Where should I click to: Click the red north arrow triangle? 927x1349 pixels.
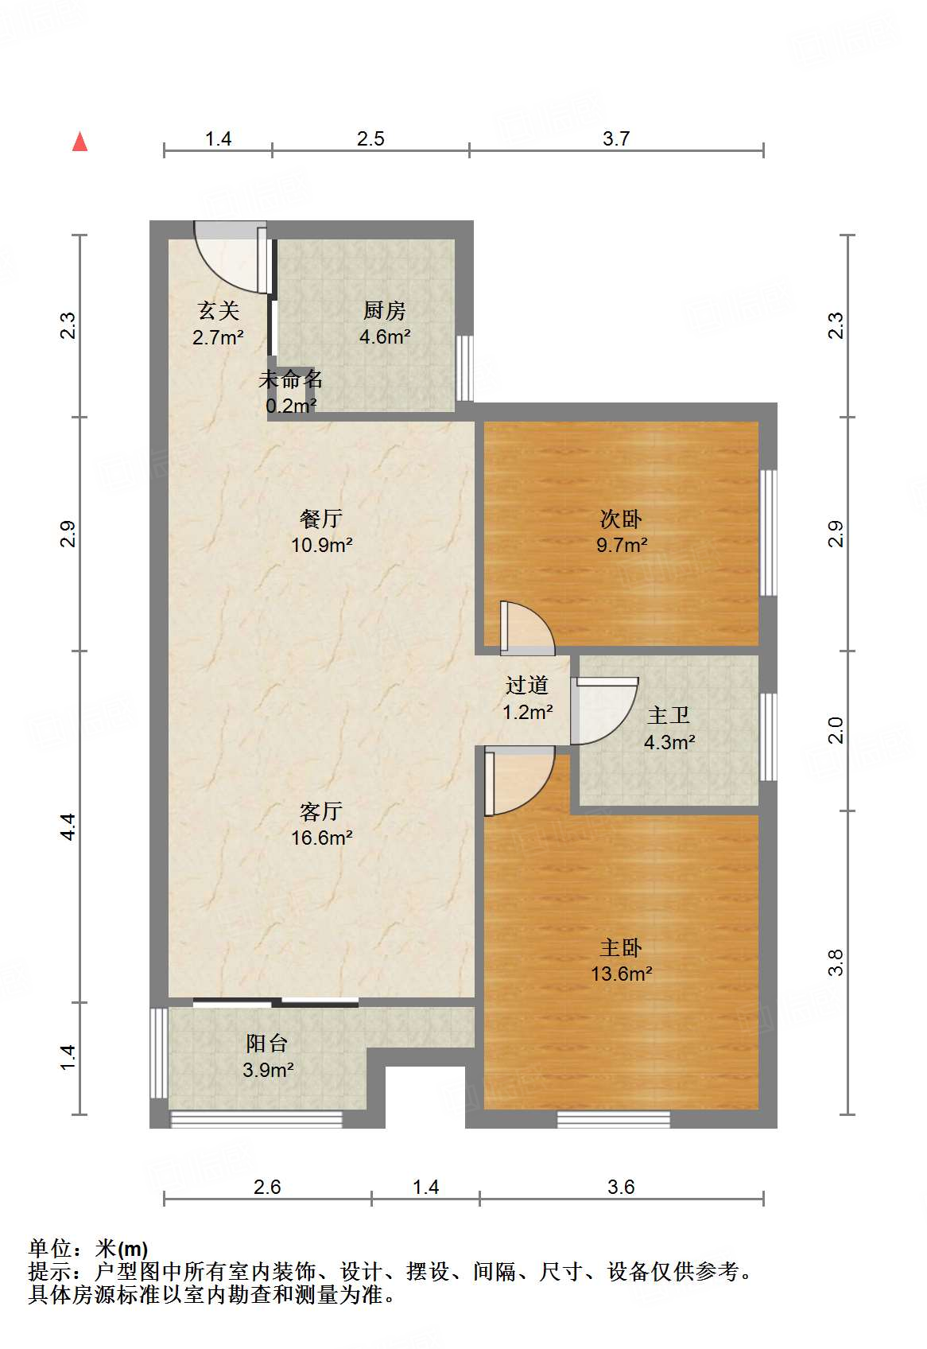[x=80, y=142]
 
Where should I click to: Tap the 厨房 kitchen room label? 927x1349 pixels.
[x=385, y=311]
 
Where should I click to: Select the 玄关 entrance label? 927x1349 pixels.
[x=219, y=311]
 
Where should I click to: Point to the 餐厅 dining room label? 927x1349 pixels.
[x=321, y=519]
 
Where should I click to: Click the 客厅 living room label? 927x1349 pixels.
[x=321, y=812]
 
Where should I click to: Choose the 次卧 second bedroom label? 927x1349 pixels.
[x=621, y=519]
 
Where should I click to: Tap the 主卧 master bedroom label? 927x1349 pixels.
[x=621, y=948]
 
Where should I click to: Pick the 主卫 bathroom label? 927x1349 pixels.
[x=669, y=715]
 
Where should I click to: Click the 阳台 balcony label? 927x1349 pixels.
[x=267, y=1044]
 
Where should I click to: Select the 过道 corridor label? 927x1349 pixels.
[x=527, y=686]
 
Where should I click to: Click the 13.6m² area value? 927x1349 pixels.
[x=622, y=974]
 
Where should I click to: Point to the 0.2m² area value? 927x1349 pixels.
[x=291, y=406]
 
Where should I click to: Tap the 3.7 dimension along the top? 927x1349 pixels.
[x=616, y=139]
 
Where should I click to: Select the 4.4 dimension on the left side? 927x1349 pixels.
[x=68, y=827]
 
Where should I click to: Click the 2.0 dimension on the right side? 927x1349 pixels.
[x=836, y=730]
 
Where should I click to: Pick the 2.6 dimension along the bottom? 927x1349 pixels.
[x=267, y=1187]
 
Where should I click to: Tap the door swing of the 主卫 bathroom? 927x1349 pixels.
[x=603, y=711]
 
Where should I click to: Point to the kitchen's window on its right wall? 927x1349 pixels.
[x=465, y=368]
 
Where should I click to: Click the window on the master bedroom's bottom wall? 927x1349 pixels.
[x=614, y=1120]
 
